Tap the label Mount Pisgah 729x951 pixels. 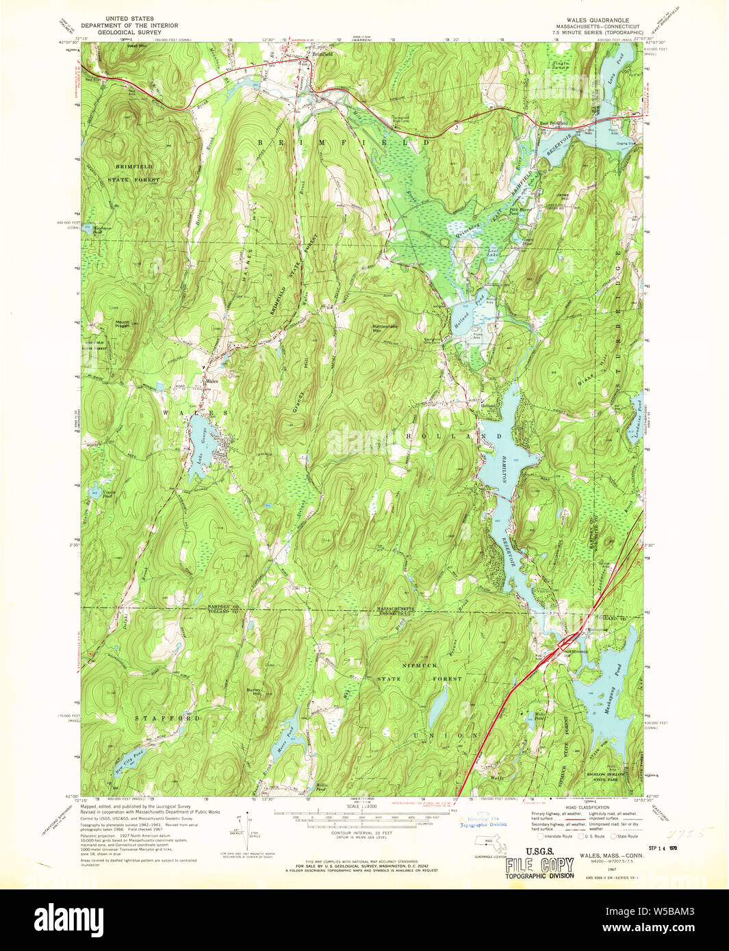123,324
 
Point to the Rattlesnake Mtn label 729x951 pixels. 385,329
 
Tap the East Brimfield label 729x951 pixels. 554,123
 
